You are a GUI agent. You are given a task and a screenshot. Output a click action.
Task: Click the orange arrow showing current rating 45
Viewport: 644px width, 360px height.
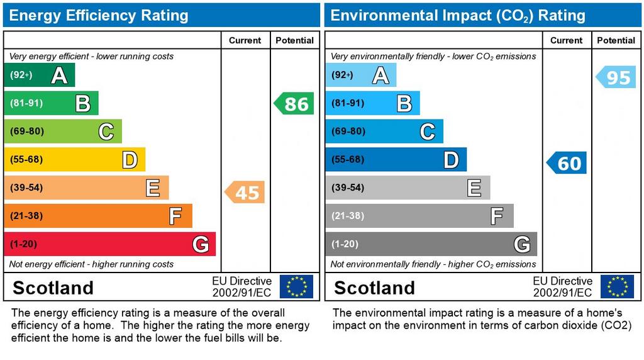(x=245, y=192)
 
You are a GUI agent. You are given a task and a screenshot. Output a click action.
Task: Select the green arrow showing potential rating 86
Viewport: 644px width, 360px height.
(x=294, y=103)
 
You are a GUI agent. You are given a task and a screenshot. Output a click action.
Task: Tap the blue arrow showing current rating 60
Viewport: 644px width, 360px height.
(x=567, y=163)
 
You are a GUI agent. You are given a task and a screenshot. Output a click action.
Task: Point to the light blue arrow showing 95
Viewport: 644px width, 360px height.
(x=616, y=77)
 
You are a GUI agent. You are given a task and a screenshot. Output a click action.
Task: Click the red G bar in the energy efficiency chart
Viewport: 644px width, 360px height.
(x=109, y=244)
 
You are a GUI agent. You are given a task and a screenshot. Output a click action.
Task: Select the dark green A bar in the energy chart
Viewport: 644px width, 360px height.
(x=39, y=76)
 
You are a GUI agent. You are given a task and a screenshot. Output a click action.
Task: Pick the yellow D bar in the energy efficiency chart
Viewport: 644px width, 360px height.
(x=74, y=160)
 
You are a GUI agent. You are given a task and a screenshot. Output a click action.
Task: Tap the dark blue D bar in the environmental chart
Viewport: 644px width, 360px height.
(x=396, y=160)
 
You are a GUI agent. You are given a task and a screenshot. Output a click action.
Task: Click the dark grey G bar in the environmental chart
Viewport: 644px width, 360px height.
(x=431, y=244)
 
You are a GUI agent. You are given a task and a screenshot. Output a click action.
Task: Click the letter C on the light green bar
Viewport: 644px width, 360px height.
(x=106, y=132)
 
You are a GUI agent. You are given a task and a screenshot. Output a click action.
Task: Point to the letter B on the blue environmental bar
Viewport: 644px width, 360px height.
(x=404, y=103)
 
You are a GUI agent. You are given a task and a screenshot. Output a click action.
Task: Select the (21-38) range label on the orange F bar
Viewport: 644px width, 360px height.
(x=26, y=216)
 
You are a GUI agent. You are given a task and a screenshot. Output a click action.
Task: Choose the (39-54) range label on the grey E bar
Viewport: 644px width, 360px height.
(x=348, y=188)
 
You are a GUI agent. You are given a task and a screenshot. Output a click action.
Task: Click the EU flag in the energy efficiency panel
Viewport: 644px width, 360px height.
(x=296, y=286)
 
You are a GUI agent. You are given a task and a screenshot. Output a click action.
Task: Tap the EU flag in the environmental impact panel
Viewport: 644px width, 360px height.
(x=617, y=286)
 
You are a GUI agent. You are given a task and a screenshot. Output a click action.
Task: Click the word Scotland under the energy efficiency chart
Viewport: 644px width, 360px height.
(x=53, y=288)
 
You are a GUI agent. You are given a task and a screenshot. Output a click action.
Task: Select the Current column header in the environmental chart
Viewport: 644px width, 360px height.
(x=566, y=40)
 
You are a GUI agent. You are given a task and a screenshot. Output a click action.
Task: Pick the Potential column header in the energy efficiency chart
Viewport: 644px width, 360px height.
(x=294, y=40)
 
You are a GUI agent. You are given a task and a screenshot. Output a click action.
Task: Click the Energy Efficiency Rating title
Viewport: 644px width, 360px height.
(x=99, y=15)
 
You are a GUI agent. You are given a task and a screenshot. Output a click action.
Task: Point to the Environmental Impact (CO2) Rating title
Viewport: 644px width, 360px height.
(x=458, y=15)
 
